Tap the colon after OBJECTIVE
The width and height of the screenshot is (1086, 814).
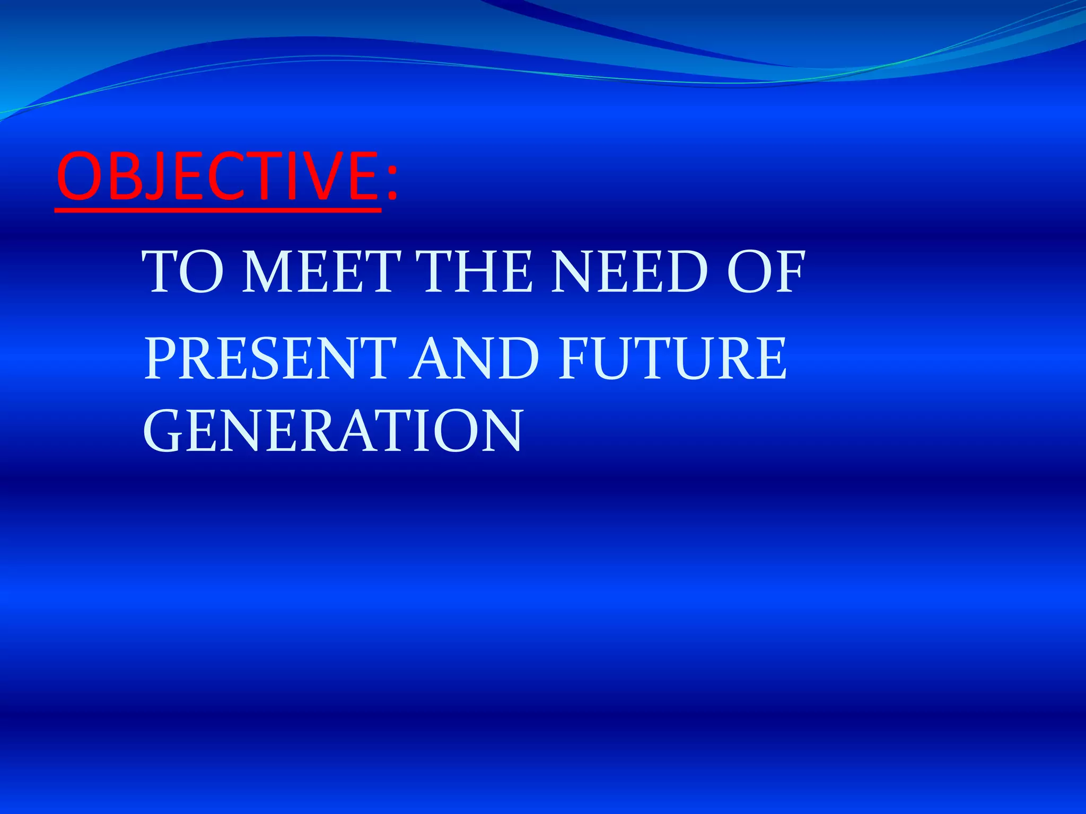tap(391, 183)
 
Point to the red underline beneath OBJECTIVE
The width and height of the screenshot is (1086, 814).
tap(217, 210)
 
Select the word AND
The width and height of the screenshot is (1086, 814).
tap(474, 359)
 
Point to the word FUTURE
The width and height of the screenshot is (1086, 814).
tap(673, 359)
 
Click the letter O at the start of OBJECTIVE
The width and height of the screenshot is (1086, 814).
tap(77, 176)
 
